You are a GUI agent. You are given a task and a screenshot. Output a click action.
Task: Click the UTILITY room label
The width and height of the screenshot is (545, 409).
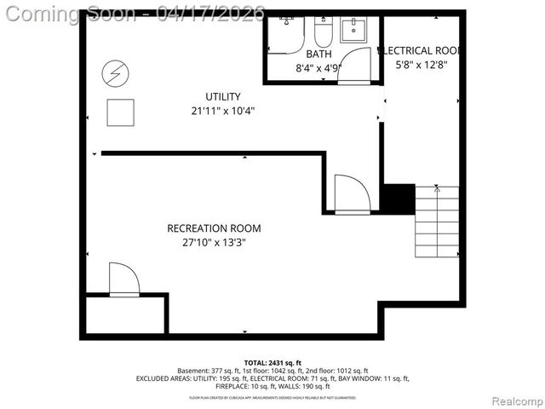click(x=223, y=96)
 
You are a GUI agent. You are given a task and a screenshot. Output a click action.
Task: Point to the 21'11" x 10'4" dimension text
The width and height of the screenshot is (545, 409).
click(x=223, y=111)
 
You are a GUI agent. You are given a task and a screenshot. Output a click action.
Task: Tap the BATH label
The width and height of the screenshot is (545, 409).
click(x=307, y=54)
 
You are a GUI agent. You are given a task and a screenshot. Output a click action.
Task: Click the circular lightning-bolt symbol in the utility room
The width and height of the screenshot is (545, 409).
click(x=112, y=74)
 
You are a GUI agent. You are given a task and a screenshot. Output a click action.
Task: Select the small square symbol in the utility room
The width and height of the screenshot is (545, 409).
click(x=120, y=112)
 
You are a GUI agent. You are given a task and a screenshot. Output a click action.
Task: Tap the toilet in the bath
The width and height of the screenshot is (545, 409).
click(x=323, y=32)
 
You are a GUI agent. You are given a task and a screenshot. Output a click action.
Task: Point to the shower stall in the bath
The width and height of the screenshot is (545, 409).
click(x=285, y=34)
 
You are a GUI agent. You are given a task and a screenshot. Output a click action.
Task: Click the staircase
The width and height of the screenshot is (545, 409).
click(x=436, y=222)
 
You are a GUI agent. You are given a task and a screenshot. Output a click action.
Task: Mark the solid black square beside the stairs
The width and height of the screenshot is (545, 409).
click(x=397, y=199)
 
